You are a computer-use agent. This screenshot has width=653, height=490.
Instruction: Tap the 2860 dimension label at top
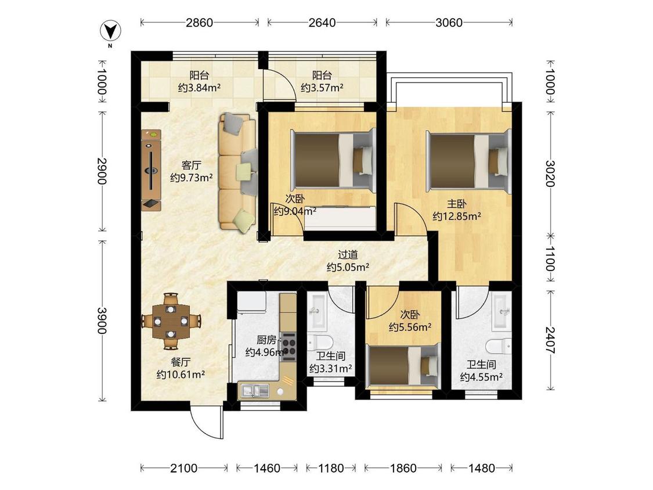pyautogui.click(x=199, y=23)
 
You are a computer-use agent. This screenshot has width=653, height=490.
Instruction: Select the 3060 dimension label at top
pyautogui.click(x=449, y=23)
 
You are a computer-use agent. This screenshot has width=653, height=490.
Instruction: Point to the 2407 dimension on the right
pyautogui.click(x=551, y=340)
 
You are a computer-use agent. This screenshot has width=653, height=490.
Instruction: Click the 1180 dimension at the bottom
pyautogui.click(x=331, y=469)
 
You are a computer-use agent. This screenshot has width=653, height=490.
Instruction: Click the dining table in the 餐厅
pyautogui.click(x=171, y=321)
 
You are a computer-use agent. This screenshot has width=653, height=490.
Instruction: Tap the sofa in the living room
pyautogui.click(x=238, y=172)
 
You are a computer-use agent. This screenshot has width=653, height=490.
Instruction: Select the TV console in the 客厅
pyautogui.click(x=151, y=170)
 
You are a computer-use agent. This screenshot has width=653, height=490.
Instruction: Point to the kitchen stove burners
pyautogui.click(x=288, y=345)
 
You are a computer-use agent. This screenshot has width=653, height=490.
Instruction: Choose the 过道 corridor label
pyautogui.click(x=348, y=255)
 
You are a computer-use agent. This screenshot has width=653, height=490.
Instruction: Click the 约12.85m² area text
pyautogui.click(x=457, y=216)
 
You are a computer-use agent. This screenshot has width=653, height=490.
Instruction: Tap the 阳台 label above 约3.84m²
pyautogui.click(x=199, y=75)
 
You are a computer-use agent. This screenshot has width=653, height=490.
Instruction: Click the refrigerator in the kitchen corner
pyautogui.click(x=252, y=302)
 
